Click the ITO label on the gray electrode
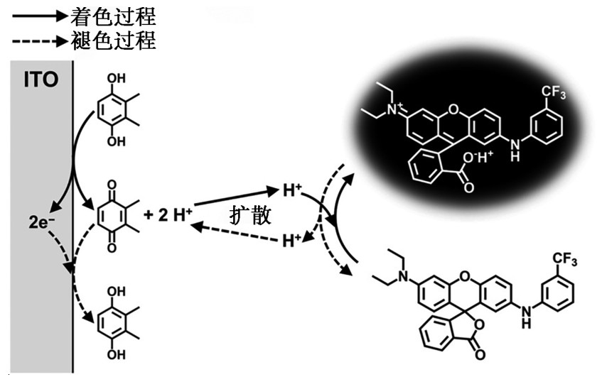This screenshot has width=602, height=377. tap(41, 80)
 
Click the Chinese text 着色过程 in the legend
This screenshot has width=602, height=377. tap(113, 14)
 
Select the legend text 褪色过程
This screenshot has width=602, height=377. tap(113, 40)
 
